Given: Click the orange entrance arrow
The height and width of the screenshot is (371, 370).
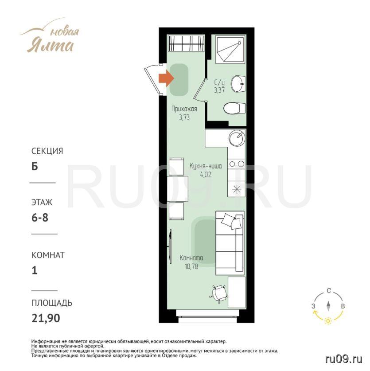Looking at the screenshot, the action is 166,78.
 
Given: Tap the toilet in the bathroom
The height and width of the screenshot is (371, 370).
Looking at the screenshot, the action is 234,108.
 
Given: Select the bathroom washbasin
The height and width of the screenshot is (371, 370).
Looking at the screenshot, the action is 238,83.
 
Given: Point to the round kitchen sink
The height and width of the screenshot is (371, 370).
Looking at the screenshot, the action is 237,138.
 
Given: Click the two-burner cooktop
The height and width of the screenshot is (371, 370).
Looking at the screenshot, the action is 237,164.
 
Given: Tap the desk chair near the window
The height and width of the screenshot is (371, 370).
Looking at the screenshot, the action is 219,294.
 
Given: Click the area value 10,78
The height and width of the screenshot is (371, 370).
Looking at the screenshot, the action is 191,267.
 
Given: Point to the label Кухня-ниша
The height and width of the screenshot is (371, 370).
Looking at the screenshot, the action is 206,166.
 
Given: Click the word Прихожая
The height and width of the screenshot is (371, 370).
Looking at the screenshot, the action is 184,109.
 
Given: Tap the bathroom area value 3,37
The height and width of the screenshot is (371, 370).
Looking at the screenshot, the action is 219,90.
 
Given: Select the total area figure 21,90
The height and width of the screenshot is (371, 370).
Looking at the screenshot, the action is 46,318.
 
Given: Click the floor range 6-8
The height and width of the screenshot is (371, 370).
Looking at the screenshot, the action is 40,218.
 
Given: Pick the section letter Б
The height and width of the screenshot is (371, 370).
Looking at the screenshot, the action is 35,166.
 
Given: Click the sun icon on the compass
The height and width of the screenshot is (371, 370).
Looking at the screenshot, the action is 328,320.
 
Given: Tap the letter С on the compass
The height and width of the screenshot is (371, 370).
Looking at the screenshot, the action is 329,291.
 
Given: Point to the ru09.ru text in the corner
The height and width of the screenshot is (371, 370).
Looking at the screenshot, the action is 344,359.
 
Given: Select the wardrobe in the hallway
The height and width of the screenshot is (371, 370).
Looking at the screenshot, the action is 186,43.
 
